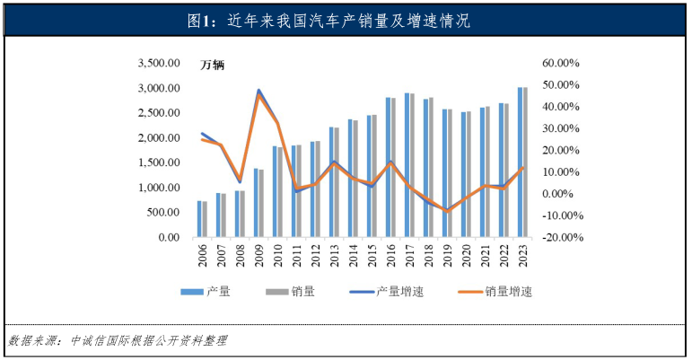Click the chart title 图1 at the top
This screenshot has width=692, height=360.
click(x=346, y=21)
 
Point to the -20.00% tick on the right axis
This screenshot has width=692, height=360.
click(x=561, y=238)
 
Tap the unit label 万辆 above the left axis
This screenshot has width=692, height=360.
click(x=213, y=66)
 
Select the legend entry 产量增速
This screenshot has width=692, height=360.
click(x=395, y=292)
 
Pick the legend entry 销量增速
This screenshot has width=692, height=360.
click(x=508, y=292)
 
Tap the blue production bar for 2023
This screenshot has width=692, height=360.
click(x=521, y=162)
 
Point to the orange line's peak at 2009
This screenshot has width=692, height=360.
click(x=258, y=95)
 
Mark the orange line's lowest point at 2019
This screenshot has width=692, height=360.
click(x=447, y=211)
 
